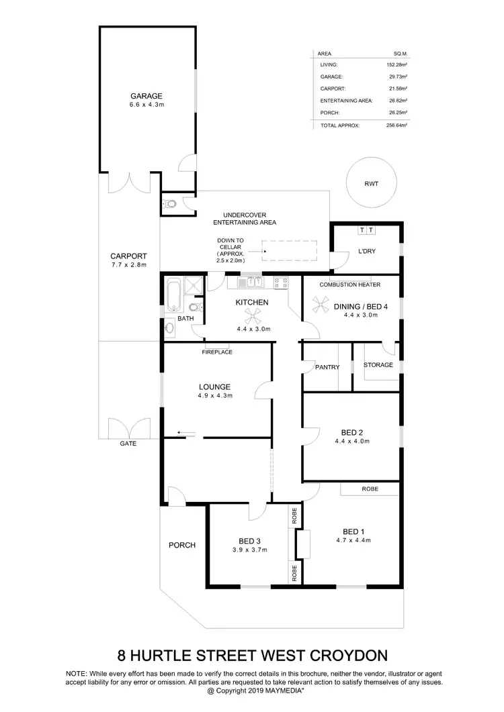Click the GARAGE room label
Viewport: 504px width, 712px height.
coord(146,96)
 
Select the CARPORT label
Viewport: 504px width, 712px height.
coord(129,256)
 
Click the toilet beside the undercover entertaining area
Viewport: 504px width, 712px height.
coord(170,203)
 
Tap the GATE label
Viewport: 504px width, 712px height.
coord(128,444)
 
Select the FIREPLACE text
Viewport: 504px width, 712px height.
coord(217,352)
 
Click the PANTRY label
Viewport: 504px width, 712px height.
coord(327,367)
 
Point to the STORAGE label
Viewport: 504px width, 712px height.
coord(378,365)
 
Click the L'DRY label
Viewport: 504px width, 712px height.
coord(366,251)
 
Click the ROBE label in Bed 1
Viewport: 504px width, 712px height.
coord(370,489)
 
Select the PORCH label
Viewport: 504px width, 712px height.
coord(181,545)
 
